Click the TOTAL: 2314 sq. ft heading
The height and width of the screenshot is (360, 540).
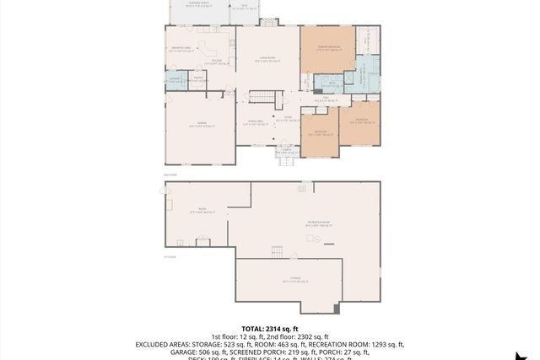(270, 329)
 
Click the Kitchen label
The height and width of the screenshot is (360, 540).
(217, 61)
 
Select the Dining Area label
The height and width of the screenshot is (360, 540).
(255, 123)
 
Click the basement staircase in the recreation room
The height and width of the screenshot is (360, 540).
(277, 251)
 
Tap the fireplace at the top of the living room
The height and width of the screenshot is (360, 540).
(268, 21)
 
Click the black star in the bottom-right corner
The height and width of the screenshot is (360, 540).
(525, 352)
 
